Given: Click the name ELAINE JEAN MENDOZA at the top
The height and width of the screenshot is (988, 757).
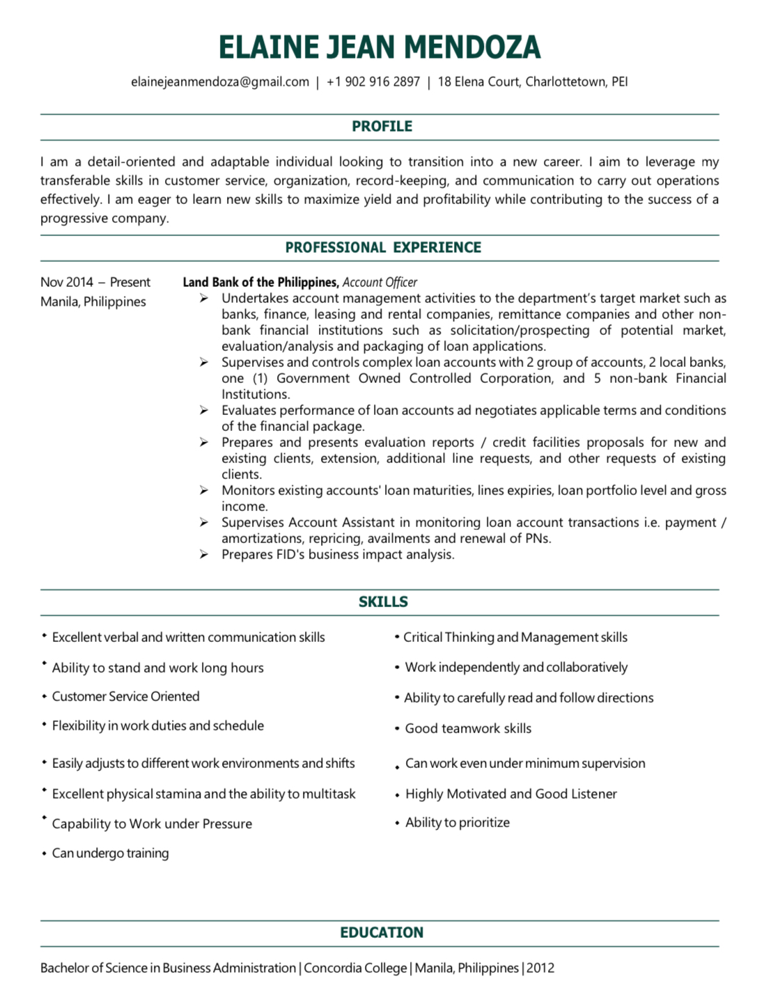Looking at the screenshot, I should click(379, 47).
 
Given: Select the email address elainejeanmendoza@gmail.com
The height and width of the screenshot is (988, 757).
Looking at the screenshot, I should click(220, 82).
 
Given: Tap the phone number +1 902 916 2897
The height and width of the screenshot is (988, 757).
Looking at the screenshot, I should click(373, 82).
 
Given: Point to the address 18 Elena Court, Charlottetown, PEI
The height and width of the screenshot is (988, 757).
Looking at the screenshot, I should click(532, 82).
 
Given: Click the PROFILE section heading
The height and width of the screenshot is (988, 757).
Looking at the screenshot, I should click(382, 127).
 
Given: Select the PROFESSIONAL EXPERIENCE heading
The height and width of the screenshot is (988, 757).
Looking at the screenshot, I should click(383, 248).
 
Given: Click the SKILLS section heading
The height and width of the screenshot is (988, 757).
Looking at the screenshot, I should click(383, 602).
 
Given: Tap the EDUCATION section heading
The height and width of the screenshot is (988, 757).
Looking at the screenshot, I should click(382, 933).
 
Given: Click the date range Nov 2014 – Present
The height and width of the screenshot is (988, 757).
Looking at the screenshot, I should click(95, 283).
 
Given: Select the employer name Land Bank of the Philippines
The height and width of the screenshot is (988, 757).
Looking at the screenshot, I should click(260, 283).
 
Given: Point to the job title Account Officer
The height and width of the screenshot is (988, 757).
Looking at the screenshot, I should click(380, 283).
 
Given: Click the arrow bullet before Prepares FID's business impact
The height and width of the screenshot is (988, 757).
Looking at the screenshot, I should click(203, 555).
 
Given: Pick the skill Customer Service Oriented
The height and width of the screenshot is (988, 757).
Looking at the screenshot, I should click(125, 697).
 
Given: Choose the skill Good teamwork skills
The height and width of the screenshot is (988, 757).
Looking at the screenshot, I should click(468, 729).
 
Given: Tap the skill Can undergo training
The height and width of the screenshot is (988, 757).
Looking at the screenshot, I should click(110, 854).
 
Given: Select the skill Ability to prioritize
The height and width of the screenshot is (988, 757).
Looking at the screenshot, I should click(457, 823).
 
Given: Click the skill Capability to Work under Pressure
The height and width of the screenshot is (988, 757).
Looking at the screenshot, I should click(152, 824).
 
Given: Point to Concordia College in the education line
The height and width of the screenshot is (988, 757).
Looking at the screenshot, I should click(355, 969).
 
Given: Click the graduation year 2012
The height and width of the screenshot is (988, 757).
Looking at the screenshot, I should click(540, 969).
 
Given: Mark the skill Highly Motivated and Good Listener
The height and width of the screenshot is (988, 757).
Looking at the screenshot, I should click(510, 794).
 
